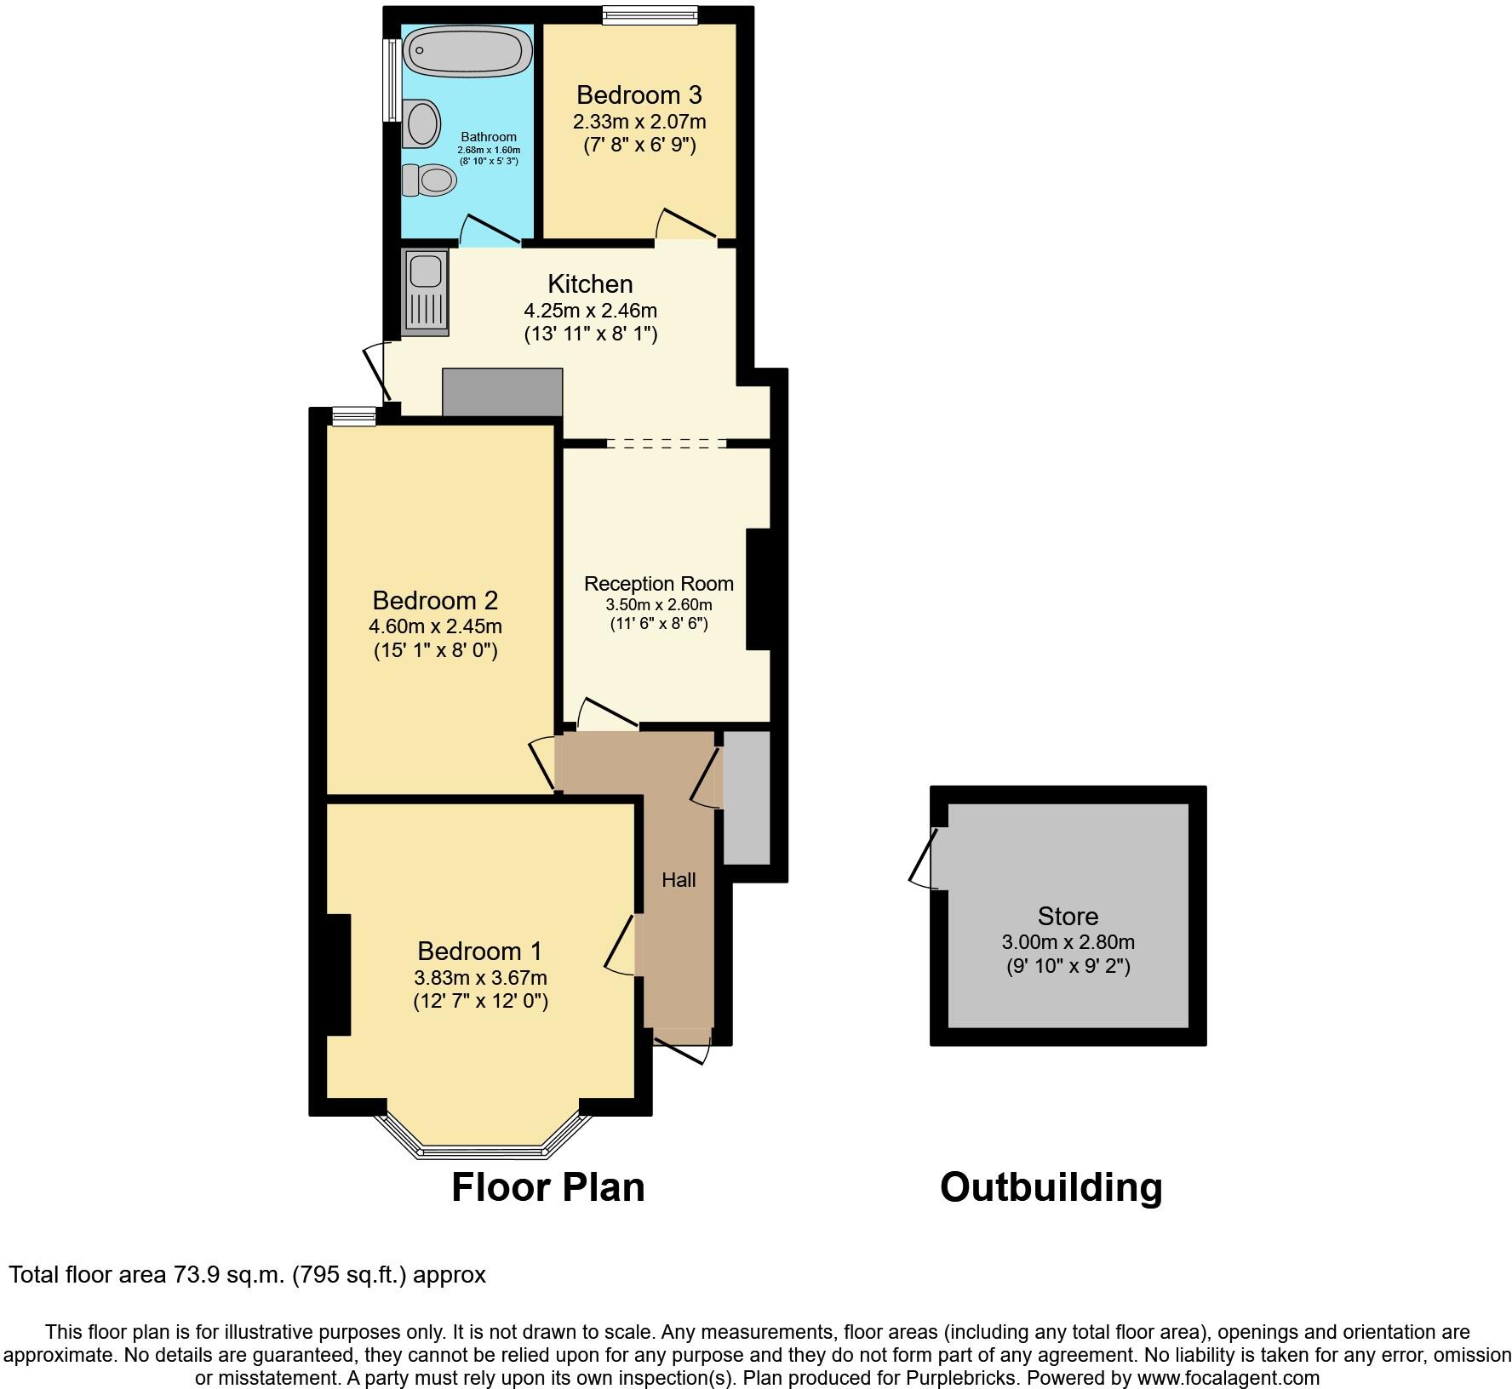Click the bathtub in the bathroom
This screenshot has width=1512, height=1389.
point(467,49)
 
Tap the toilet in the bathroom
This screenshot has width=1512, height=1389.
point(430,180)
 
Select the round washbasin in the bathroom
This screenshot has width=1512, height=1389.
point(423,123)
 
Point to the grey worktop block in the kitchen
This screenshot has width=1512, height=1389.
point(502,392)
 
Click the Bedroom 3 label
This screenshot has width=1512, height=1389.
point(639,94)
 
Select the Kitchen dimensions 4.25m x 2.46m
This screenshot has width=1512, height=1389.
point(590,311)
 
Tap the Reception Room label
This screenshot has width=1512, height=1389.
point(658,584)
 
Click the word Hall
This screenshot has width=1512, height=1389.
point(679,880)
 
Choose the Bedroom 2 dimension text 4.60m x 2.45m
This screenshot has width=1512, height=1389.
point(435,627)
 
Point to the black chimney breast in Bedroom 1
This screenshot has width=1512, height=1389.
point(338,975)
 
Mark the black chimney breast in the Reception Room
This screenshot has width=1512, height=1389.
point(759,590)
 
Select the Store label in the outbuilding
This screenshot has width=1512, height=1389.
point(1068,917)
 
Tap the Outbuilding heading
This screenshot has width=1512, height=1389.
point(1051,1186)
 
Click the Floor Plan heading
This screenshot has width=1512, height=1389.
point(547,1186)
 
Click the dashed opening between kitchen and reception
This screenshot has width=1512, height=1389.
point(667,443)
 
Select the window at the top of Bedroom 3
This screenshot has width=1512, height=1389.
point(650,14)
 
